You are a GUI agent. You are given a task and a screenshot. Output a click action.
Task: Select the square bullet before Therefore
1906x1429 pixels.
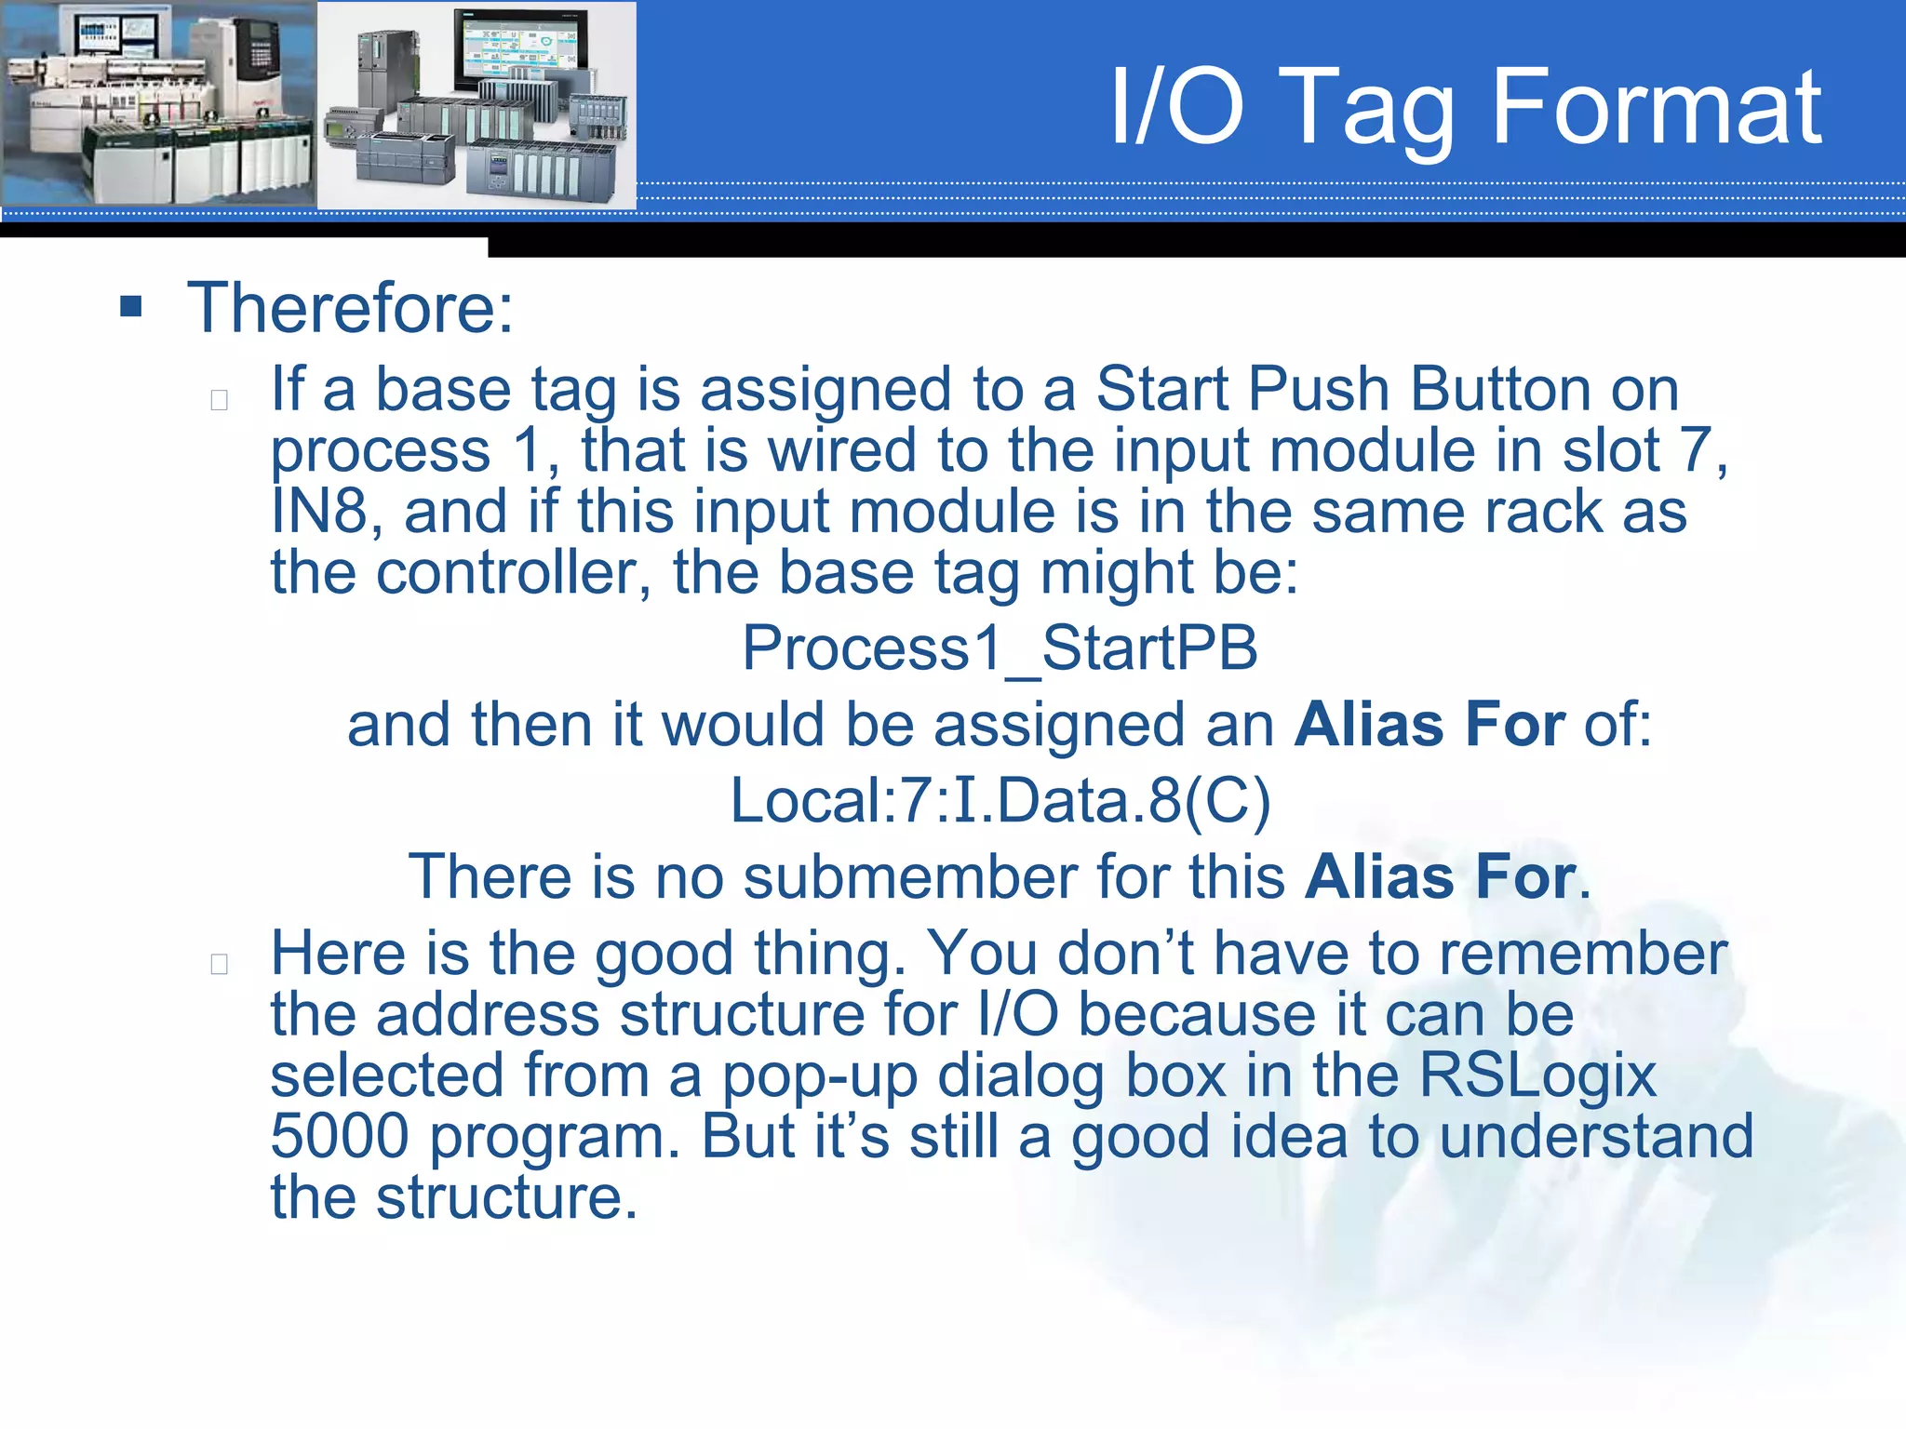click(x=131, y=307)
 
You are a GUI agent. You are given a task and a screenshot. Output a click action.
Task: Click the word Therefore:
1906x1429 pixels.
click(x=350, y=308)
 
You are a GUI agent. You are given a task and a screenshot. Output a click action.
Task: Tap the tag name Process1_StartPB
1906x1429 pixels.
click(x=1000, y=648)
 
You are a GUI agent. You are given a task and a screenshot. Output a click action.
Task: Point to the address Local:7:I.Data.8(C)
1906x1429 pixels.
click(x=1000, y=801)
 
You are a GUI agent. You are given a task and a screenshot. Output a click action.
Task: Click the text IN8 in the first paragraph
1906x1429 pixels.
click(x=318, y=512)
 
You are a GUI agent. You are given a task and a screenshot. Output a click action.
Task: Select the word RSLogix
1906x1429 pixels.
click(x=1537, y=1075)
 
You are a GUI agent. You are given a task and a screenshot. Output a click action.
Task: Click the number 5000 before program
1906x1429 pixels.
click(x=340, y=1137)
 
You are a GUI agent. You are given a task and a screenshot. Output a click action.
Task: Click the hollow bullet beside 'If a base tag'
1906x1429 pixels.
click(x=220, y=400)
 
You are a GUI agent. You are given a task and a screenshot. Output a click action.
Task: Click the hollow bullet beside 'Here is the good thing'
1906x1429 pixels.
click(x=220, y=964)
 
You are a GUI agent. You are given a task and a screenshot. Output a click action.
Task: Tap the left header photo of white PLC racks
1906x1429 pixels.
click(x=158, y=104)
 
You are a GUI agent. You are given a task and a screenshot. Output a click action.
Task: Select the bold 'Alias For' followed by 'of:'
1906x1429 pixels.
click(x=1429, y=725)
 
